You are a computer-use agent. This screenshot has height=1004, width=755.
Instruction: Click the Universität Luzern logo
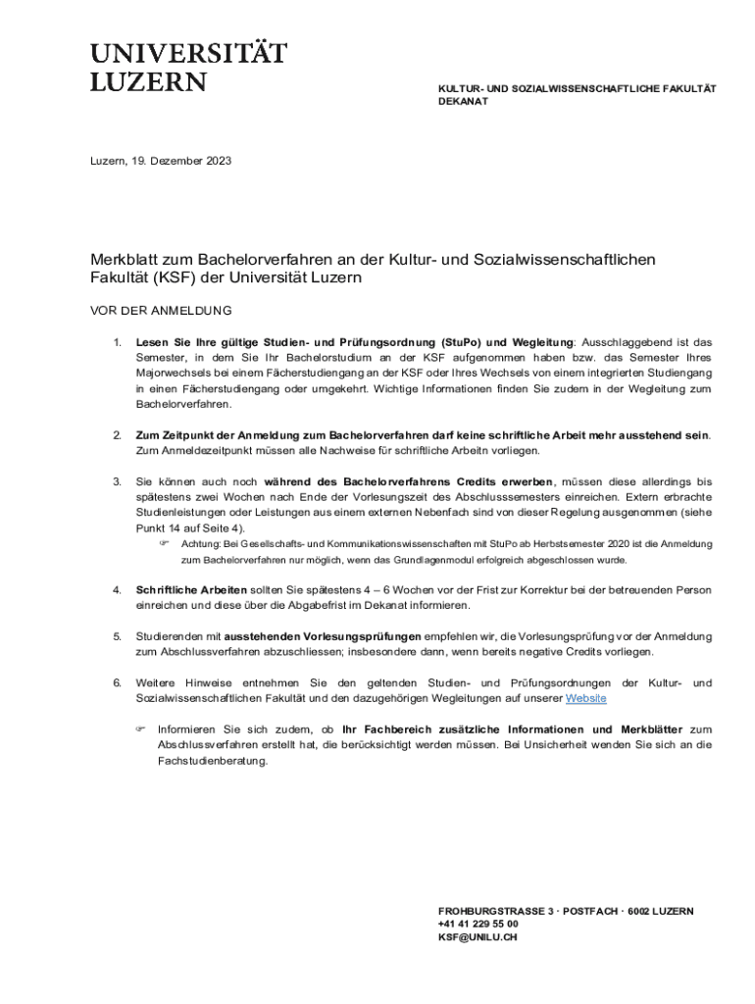click(x=188, y=66)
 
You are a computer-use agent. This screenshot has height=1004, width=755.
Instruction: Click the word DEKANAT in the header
click(x=463, y=102)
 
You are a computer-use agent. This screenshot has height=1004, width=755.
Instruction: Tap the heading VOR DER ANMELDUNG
click(x=161, y=311)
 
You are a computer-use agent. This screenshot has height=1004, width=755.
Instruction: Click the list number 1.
click(x=117, y=342)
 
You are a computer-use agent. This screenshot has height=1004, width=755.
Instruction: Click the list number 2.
click(x=117, y=434)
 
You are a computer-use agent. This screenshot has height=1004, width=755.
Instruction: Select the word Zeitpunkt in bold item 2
click(x=186, y=434)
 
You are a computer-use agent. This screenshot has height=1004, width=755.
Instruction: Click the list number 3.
click(x=117, y=481)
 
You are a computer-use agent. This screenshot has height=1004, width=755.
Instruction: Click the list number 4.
click(x=117, y=590)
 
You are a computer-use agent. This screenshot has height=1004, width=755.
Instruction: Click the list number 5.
click(x=117, y=636)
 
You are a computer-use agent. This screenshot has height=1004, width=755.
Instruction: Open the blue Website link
click(x=586, y=698)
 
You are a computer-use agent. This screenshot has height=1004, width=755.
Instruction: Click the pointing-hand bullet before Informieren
click(x=140, y=729)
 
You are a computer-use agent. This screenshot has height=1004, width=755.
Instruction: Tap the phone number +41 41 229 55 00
click(x=478, y=924)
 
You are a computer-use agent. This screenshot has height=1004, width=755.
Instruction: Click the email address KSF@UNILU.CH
click(x=478, y=937)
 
